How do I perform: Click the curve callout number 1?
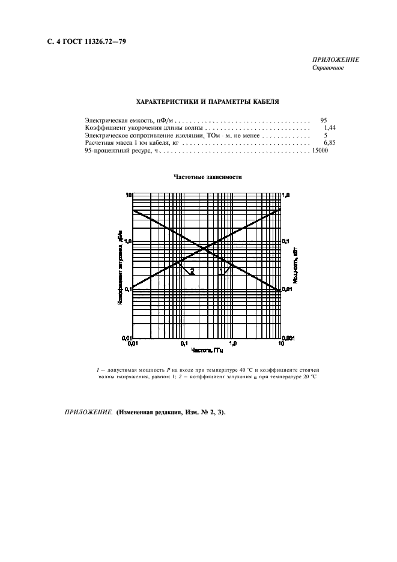tap(221, 271)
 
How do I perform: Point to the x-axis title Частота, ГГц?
tap(207, 349)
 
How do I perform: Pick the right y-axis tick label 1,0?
tap(286, 196)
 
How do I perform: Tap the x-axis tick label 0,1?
tap(183, 344)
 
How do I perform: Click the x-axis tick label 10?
tap(281, 344)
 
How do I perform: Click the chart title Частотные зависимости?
tap(207, 177)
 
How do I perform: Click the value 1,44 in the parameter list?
tap(329, 128)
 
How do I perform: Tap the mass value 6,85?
tap(329, 144)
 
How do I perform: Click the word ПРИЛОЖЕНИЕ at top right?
tap(336, 60)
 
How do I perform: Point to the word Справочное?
tap(328, 68)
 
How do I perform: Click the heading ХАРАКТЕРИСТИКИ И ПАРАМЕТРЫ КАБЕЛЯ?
tap(207, 102)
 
